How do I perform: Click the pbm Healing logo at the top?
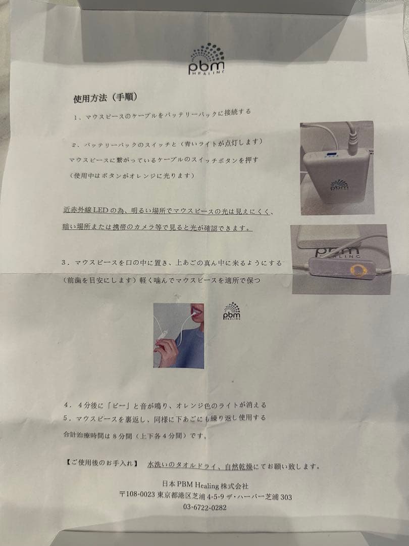[x=207, y=60]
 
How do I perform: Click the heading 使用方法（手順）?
[x=105, y=97]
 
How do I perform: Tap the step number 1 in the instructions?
[x=74, y=117]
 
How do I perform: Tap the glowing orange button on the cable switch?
[x=359, y=271]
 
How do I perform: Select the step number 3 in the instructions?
[x=64, y=263]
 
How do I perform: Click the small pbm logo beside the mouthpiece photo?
[x=232, y=311]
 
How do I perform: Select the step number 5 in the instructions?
[x=66, y=418]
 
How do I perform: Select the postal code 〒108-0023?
[x=137, y=496]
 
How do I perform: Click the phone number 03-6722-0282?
[x=205, y=508]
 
